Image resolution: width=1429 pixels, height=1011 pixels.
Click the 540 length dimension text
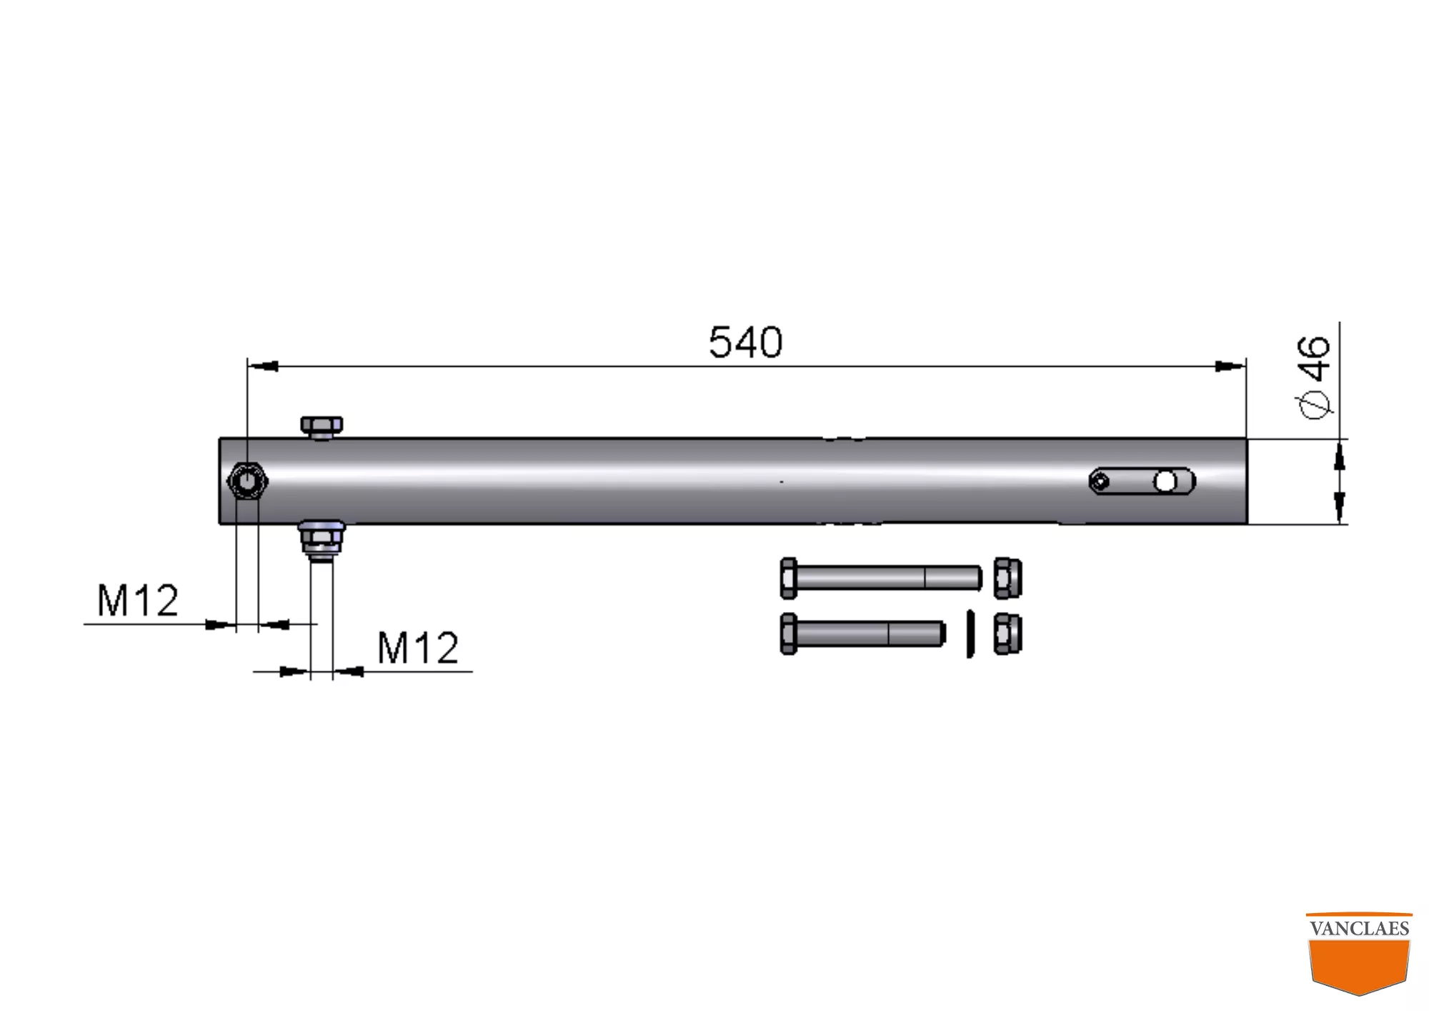point(745,342)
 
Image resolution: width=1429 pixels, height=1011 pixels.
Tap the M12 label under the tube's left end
point(137,600)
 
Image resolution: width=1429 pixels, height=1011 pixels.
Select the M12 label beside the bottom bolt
point(417,648)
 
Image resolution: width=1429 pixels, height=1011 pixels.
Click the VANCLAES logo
point(1359,953)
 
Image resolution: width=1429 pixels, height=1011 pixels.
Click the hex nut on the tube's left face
point(247,481)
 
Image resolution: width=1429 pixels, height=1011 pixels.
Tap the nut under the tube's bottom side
point(322,540)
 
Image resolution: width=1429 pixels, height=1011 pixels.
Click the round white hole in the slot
point(1165,482)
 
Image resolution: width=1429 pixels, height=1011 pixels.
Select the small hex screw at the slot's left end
point(1100,482)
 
